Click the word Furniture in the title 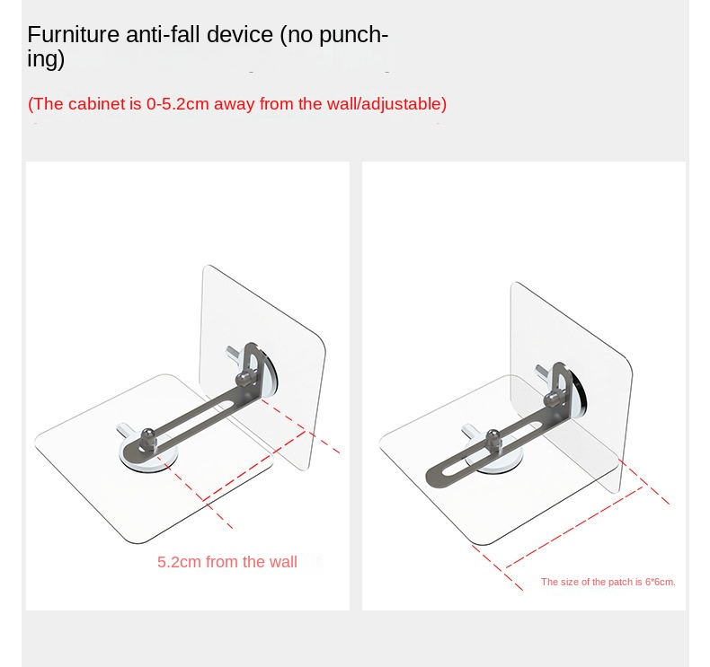pos(73,34)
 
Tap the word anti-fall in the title pos(163,34)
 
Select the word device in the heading pos(240,34)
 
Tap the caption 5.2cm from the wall pos(226,562)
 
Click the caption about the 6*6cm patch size pos(608,582)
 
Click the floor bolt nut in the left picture pos(148,439)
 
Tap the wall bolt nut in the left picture pos(244,379)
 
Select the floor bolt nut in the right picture pos(493,441)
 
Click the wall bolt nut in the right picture pos(552,399)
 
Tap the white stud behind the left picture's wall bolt pos(232,353)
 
